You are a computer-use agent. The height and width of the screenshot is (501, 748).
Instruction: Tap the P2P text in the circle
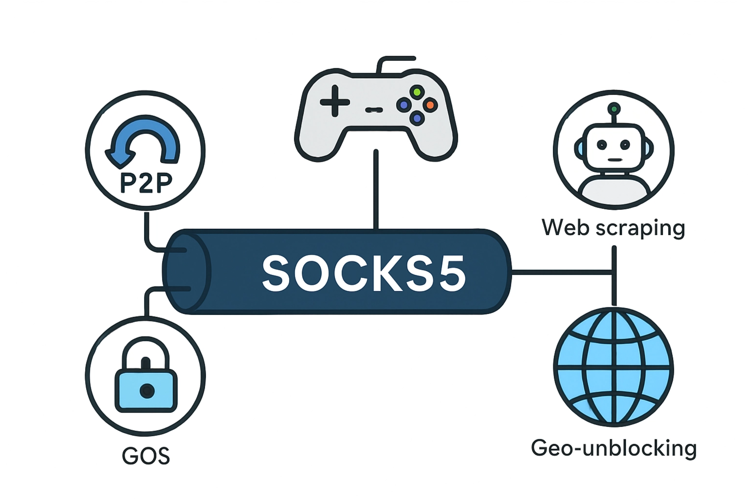click(146, 183)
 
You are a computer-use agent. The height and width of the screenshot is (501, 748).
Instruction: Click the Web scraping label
click(613, 228)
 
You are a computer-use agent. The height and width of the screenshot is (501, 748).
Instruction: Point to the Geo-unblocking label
click(614, 448)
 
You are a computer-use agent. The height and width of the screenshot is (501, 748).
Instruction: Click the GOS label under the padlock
click(146, 456)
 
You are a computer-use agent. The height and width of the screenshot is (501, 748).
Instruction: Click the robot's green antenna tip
click(614, 108)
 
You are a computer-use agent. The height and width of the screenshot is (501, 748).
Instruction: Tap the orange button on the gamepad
click(430, 105)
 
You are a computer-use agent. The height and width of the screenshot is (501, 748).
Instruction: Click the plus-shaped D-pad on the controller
click(335, 101)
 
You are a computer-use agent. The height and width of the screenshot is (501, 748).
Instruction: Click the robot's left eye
click(602, 145)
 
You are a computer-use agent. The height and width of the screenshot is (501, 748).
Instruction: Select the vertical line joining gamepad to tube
click(376, 190)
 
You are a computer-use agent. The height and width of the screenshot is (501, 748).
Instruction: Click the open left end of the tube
click(186, 272)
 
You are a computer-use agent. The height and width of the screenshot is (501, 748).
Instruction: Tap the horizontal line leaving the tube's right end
click(560, 272)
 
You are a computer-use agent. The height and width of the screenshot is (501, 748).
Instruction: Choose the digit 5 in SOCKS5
click(450, 273)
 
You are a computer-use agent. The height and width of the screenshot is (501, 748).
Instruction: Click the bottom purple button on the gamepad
click(417, 117)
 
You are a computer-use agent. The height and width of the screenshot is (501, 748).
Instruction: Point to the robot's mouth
click(615, 160)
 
